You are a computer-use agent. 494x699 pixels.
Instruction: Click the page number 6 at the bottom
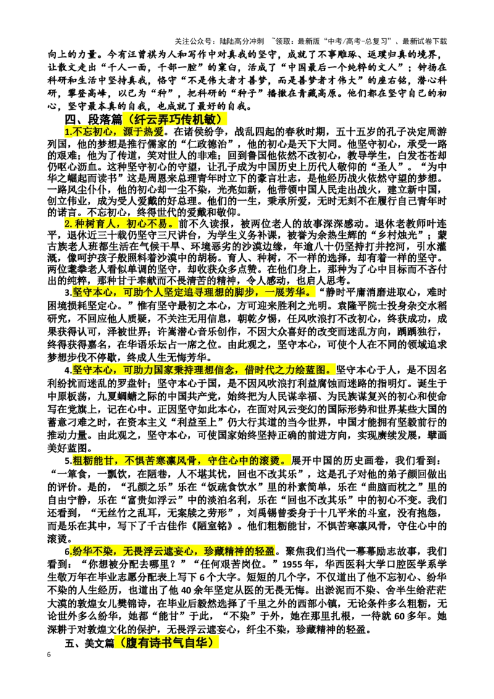coord(49,655)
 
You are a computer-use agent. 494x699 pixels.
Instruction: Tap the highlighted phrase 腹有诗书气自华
coord(167,642)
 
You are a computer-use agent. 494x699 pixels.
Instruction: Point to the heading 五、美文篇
coord(90,643)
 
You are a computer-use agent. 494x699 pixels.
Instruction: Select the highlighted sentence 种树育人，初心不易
coord(121,224)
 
